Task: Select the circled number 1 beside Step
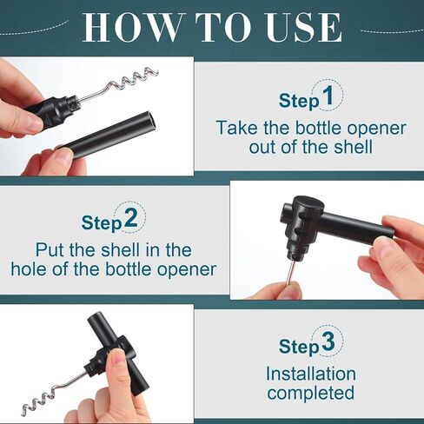(328, 96)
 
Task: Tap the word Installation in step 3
(310, 374)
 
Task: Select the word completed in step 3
(310, 393)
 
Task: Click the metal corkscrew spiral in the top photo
(130, 83)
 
